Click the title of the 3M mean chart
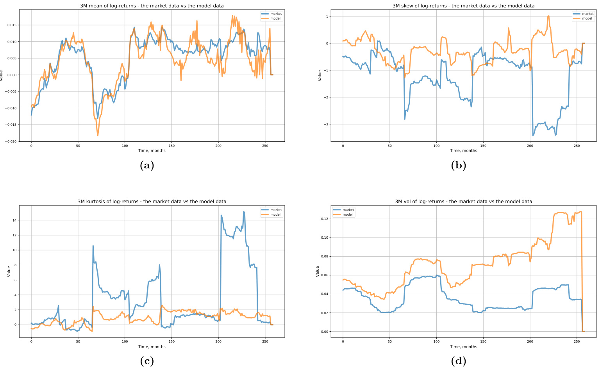pos(152,6)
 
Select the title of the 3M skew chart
pos(463,6)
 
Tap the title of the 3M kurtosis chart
pos(152,202)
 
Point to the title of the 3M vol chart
pos(463,202)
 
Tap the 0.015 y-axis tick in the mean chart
pos(11,25)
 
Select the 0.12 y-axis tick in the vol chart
pos(324,219)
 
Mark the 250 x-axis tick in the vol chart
pos(577,341)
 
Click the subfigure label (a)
pos(147,166)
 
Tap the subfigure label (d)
pos(459,361)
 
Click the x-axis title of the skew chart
pos(463,151)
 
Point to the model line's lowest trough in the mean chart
pos(98,136)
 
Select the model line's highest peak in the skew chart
pos(549,16)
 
